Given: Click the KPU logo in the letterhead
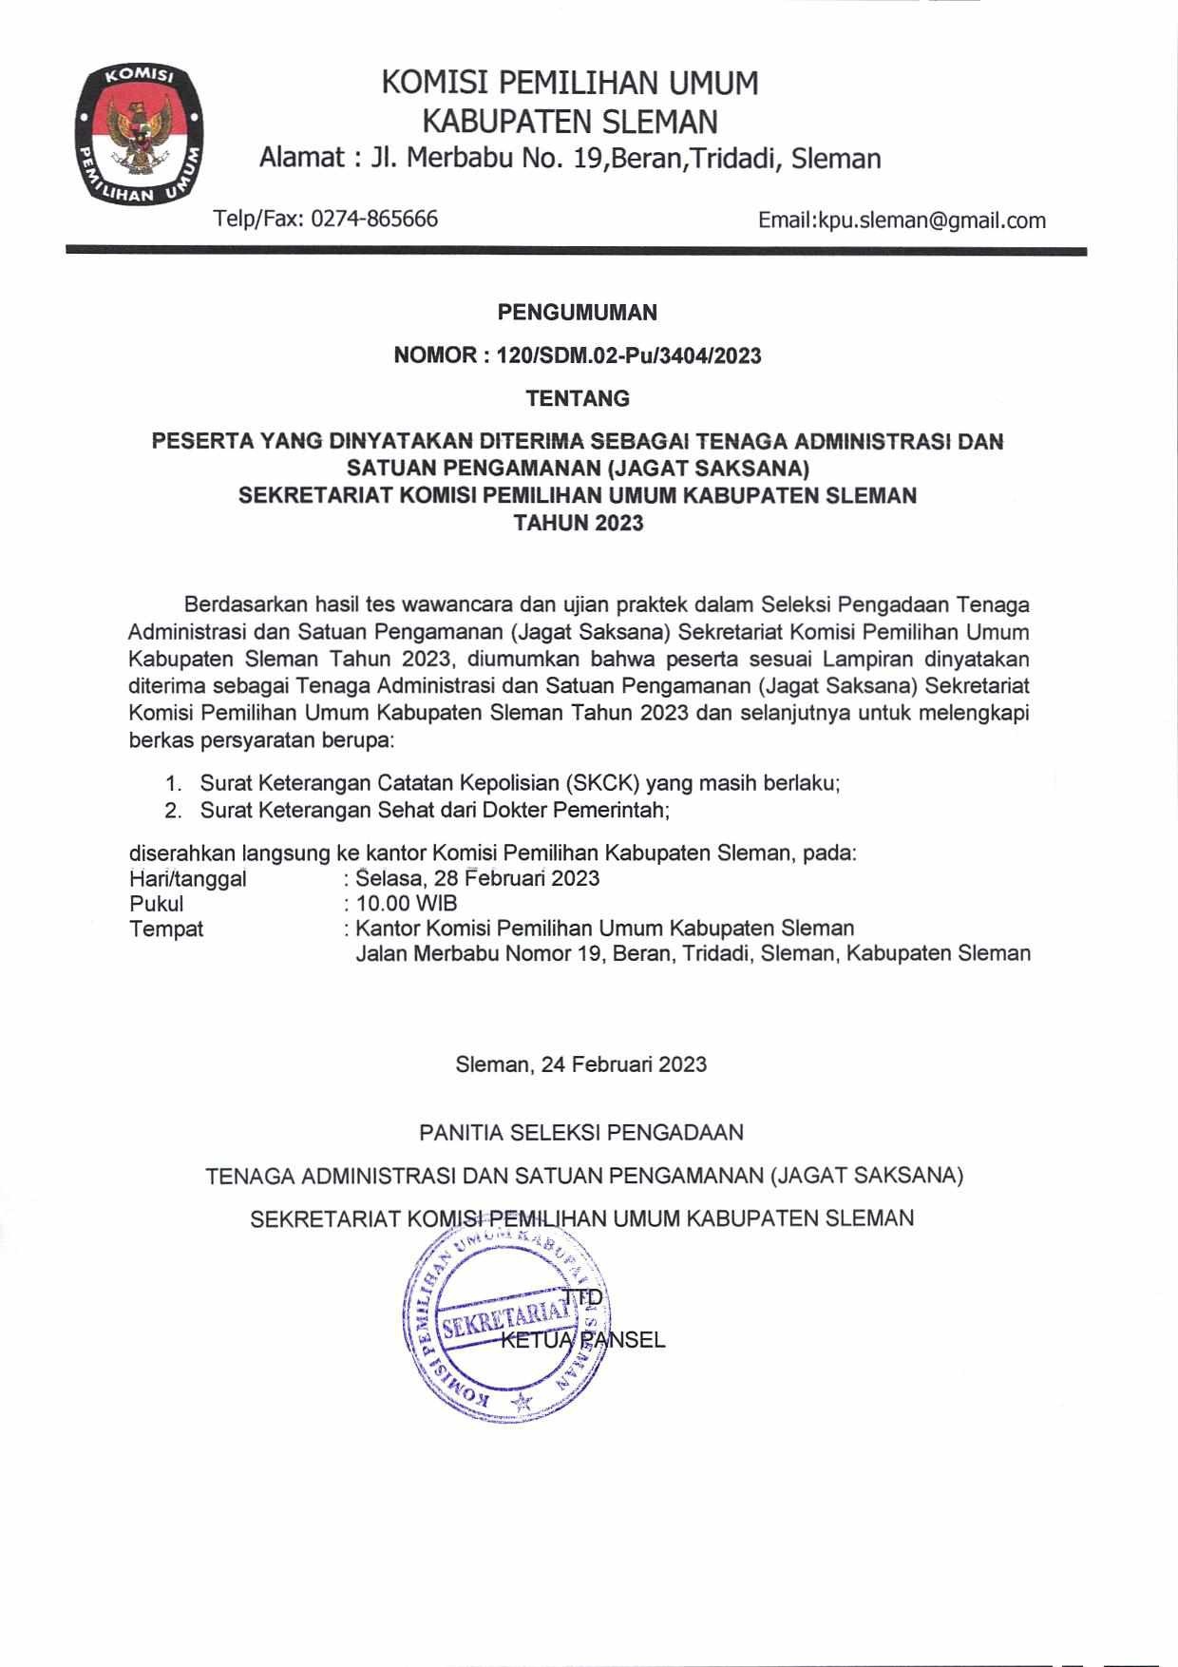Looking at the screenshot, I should tap(141, 135).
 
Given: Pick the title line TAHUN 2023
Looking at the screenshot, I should tap(578, 522).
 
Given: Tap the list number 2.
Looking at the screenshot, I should tap(172, 811).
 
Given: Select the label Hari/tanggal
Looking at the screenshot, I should tap(187, 878).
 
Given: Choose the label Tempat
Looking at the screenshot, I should tap(166, 929).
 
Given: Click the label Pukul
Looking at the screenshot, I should tap(157, 903).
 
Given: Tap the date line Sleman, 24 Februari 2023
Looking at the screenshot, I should tap(580, 1063).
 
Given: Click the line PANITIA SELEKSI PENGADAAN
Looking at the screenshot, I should tap(580, 1132).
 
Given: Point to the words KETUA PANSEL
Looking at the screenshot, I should tap(582, 1340).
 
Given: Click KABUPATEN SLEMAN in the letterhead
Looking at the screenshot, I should tap(569, 122).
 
